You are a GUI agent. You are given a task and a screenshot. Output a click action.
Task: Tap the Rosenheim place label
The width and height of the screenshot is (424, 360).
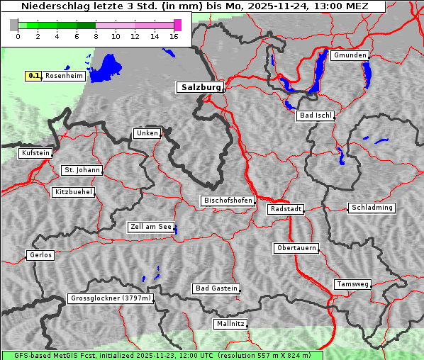[64, 76]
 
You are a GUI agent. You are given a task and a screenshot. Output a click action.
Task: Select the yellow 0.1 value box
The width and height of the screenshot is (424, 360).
[33, 76]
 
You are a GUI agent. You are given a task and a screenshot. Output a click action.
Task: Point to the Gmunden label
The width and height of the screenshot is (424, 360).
[350, 55]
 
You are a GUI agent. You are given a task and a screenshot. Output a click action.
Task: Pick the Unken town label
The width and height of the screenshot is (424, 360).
[147, 133]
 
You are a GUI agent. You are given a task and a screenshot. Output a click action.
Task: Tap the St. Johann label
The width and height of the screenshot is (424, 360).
[82, 170]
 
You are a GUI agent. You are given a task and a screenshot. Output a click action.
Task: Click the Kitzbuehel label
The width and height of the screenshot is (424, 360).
[73, 192]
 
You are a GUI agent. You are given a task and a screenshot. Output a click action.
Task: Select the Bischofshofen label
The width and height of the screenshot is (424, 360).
[228, 201]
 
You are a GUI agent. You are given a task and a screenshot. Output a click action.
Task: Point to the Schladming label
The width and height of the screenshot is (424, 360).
[371, 208]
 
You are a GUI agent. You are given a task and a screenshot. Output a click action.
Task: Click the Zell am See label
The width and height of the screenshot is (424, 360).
[150, 227]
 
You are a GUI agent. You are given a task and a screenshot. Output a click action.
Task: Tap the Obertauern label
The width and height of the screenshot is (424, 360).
[296, 248]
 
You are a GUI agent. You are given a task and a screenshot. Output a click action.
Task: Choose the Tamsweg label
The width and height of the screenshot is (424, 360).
[352, 284]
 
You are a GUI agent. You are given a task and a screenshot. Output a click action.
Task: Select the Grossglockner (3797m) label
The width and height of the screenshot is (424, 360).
[110, 298]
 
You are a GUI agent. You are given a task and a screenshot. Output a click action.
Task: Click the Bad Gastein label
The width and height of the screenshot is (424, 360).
[216, 288]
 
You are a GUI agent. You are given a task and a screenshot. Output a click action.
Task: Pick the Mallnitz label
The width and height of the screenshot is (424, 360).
[230, 324]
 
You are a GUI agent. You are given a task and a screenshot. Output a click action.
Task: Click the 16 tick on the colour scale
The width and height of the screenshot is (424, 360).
[173, 37]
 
